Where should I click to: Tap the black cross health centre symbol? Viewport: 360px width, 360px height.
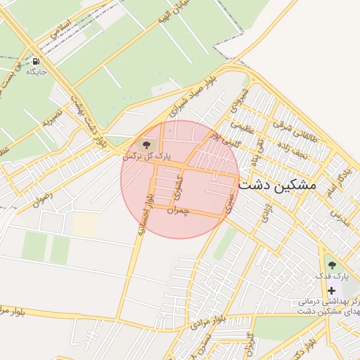331,290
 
